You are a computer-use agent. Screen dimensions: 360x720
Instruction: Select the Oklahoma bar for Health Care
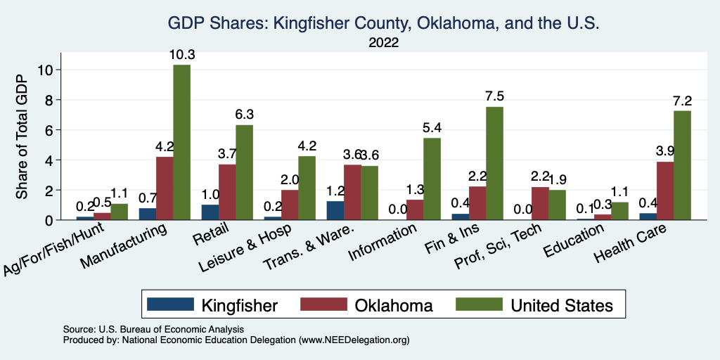click(x=665, y=191)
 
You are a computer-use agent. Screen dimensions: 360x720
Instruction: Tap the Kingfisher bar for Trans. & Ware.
click(x=335, y=210)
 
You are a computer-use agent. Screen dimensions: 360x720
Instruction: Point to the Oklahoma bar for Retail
click(x=227, y=192)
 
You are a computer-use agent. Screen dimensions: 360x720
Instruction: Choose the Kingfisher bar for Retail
click(x=210, y=212)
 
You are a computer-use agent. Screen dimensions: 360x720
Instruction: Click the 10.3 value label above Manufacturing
click(x=181, y=55)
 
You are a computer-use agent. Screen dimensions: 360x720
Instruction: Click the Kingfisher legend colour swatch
click(x=169, y=304)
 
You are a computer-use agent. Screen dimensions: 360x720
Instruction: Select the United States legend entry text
click(x=562, y=305)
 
